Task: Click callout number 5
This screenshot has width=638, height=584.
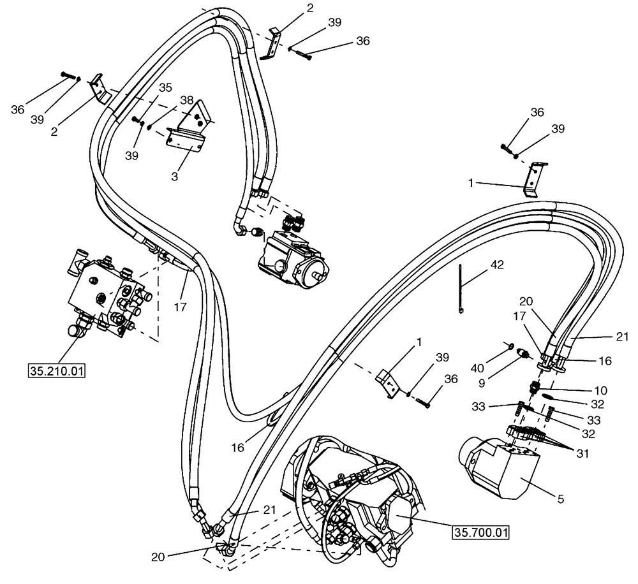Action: [x=560, y=500]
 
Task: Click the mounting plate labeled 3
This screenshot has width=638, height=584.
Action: [x=189, y=127]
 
